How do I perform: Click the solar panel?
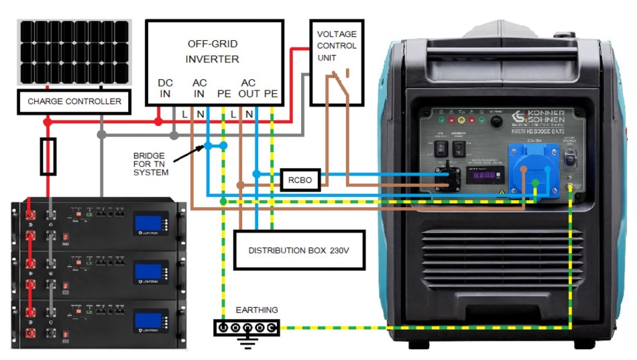[x=74, y=52]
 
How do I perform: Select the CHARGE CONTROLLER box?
[x=74, y=102]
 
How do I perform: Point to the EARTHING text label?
[x=256, y=310]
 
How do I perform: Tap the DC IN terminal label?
[x=165, y=88]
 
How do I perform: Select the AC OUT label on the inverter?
[x=248, y=88]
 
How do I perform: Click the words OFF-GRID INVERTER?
[x=212, y=52]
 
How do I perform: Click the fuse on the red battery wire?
[x=48, y=157]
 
